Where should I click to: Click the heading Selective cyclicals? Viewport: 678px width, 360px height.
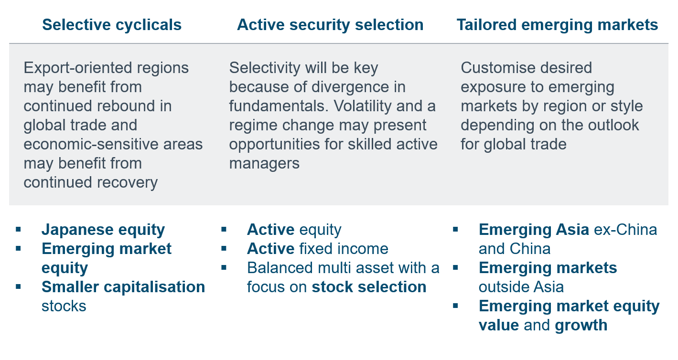click(112, 25)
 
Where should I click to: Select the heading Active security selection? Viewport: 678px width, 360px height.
click(330, 25)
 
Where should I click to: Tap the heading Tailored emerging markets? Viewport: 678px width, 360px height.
click(557, 25)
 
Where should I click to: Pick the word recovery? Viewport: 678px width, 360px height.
click(127, 183)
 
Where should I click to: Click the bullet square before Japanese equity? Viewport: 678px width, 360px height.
click(19, 229)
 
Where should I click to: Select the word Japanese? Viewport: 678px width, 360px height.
click(77, 230)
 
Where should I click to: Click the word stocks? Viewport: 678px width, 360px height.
click(64, 306)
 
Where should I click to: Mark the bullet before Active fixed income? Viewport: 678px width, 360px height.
click(224, 249)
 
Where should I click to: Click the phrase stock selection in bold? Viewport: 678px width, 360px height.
click(369, 287)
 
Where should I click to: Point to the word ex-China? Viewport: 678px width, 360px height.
click(625, 230)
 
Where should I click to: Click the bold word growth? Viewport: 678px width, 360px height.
click(581, 326)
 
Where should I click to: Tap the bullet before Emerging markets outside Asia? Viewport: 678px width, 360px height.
click(455, 268)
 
